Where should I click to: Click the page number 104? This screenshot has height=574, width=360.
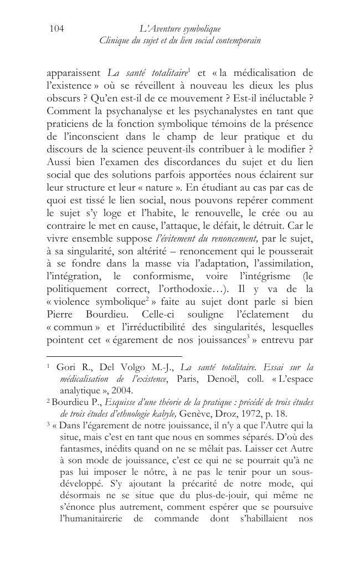(x=57, y=28)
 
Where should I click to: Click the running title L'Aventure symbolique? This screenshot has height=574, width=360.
(x=179, y=28)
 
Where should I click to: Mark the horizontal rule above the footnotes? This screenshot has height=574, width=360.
(x=114, y=356)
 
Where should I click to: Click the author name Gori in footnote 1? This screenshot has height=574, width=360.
(x=65, y=367)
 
